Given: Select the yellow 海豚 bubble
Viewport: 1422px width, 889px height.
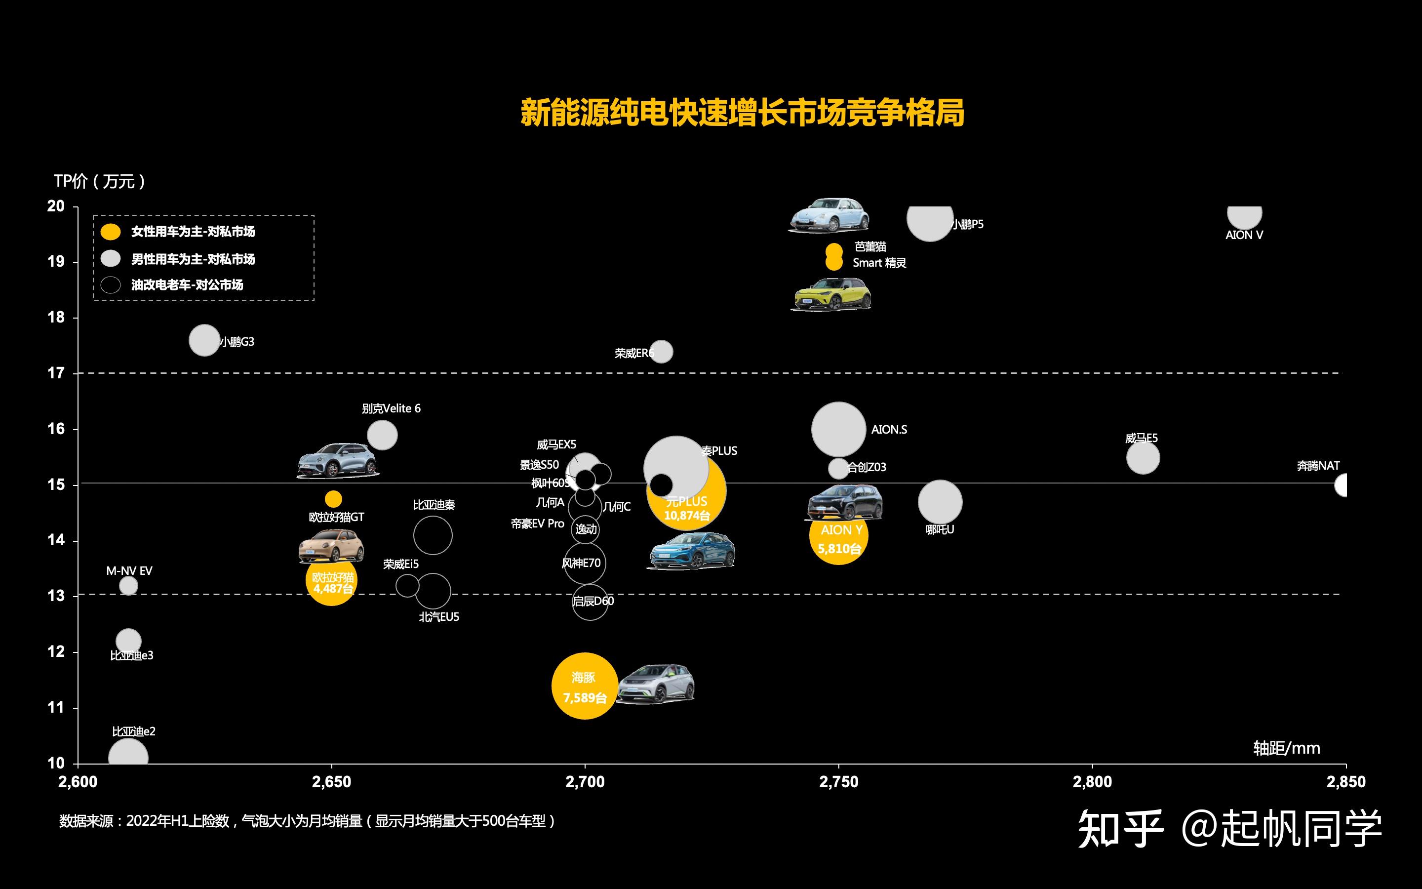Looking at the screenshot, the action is (585, 686).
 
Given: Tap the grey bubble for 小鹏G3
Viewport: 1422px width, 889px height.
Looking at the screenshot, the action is (204, 340).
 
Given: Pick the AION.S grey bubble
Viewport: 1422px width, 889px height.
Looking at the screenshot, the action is (838, 429).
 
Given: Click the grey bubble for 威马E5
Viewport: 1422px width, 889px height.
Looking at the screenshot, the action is (1143, 457).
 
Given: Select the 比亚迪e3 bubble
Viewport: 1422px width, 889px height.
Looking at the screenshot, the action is (128, 641).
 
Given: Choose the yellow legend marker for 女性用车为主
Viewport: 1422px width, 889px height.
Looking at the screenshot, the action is (111, 232).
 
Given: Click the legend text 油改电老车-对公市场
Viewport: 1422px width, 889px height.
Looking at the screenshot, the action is (187, 285).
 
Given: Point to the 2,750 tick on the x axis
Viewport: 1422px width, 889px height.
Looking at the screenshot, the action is (838, 782).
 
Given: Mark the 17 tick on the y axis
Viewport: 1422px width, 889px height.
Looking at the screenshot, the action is (56, 373).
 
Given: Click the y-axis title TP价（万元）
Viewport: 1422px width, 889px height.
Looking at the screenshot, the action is (99, 181).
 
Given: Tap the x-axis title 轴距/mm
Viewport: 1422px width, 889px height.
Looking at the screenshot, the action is (1286, 748).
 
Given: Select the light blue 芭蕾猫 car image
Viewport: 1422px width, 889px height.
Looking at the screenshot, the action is (829, 216).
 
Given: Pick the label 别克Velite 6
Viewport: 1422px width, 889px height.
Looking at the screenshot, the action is (391, 408).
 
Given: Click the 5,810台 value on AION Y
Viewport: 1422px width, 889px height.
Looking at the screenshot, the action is (839, 549).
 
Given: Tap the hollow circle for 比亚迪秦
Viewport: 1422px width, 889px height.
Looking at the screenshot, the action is (433, 535).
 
